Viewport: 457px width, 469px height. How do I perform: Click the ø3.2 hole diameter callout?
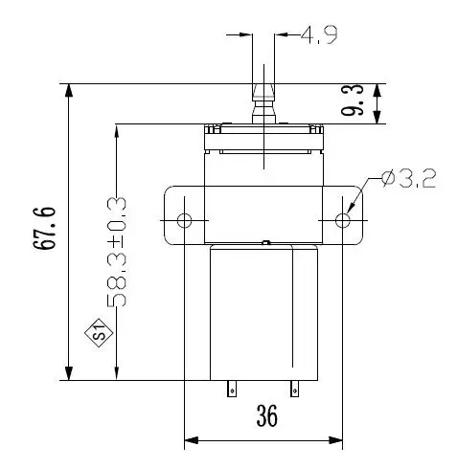tap(407, 178)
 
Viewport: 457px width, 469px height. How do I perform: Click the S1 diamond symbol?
tap(97, 334)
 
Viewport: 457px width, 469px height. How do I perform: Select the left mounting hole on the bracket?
tap(185, 221)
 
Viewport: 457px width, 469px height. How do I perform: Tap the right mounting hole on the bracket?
tap(343, 221)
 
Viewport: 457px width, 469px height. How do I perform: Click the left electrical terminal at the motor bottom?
tap(230, 389)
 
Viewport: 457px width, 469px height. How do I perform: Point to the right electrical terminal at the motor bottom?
tap(295, 389)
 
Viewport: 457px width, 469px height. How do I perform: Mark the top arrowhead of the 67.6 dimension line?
tap(69, 91)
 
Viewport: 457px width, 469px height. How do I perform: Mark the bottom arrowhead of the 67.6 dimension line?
tap(69, 372)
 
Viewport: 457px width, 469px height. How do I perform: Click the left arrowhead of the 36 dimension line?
tap(190, 440)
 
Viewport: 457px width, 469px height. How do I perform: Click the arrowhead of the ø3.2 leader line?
tap(351, 211)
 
